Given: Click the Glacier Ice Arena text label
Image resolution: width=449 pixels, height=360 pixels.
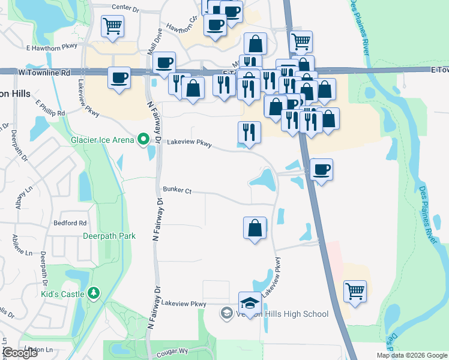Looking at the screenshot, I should tap(102, 140).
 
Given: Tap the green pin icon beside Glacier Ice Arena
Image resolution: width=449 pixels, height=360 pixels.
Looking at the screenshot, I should tap(143, 140).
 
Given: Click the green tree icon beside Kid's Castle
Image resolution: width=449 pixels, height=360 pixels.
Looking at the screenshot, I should tap(93, 293).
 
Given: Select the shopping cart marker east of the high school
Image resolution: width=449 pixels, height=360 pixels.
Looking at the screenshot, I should tap(355, 291).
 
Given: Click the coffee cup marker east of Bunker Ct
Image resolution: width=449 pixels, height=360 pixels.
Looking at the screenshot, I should tap(322, 169).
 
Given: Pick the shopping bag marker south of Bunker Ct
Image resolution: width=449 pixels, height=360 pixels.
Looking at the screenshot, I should tap(255, 227).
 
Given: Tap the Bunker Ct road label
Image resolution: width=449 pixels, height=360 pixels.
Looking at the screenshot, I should tap(176, 191).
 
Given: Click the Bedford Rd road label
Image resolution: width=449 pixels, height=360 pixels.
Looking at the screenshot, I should tap(70, 223).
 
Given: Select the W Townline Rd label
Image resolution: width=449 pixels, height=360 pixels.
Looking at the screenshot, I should tap(44, 72).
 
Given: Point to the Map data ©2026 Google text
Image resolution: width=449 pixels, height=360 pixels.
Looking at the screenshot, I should tap(412, 355).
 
